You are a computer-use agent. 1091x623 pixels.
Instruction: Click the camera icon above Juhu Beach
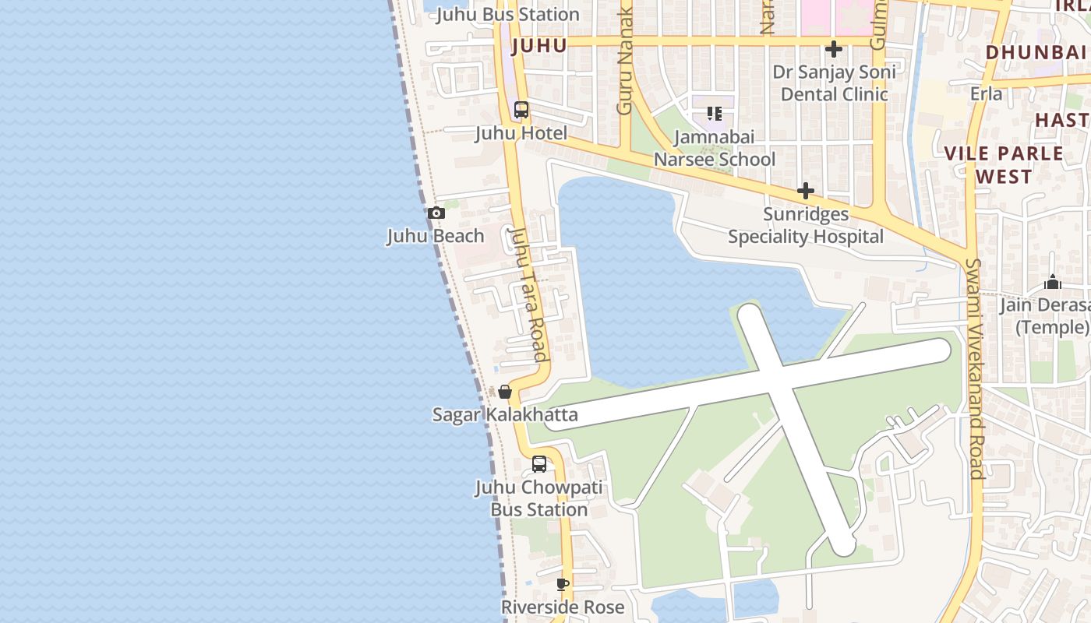[x=436, y=213]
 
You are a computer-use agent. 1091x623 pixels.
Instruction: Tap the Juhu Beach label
[x=436, y=236]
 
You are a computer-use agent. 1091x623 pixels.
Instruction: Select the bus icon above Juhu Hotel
[x=521, y=110]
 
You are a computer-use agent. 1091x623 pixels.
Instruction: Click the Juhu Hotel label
[x=521, y=133]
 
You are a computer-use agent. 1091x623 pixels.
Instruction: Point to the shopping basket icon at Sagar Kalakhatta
[x=505, y=392]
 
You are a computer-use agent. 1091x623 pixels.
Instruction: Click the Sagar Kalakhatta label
[x=505, y=414]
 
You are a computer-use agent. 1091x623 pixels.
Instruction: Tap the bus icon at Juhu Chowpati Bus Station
[x=538, y=464]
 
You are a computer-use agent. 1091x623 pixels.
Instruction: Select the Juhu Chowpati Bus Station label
[x=538, y=498]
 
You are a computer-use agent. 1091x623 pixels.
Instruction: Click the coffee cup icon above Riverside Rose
[x=563, y=584]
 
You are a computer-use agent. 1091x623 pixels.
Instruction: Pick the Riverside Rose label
[x=563, y=607]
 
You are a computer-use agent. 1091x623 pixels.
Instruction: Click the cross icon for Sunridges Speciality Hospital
[x=806, y=191]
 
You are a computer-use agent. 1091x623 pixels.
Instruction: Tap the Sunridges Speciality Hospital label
[x=806, y=225]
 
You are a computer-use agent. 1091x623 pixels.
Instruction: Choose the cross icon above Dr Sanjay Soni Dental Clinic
[x=834, y=49]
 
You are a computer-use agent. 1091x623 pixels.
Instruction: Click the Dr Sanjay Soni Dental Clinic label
[x=834, y=83]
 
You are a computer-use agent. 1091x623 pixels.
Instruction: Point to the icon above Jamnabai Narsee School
[x=715, y=114]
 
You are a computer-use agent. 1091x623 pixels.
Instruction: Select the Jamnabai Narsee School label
[x=715, y=148]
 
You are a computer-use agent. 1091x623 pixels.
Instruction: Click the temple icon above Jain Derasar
[x=1053, y=282]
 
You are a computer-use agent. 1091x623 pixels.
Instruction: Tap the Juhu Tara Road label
[x=528, y=294]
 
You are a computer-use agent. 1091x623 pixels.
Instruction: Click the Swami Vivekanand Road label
[x=974, y=368]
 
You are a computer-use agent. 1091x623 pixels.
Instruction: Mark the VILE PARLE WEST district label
[x=1004, y=164]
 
